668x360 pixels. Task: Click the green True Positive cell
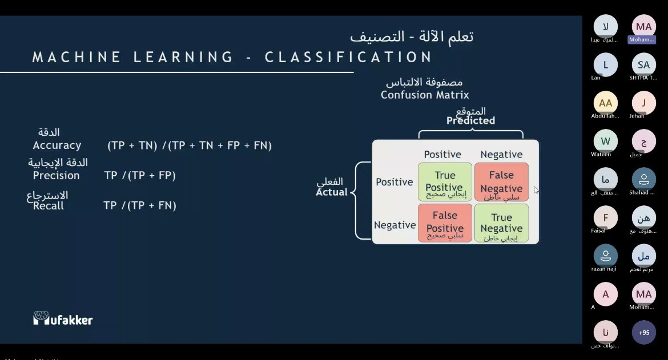tap(445, 181)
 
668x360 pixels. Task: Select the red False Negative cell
tap(501, 181)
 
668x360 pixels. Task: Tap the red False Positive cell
tap(445, 223)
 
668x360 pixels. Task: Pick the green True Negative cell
tap(501, 223)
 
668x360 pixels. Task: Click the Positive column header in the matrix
tap(442, 155)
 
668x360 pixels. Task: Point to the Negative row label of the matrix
tap(395, 225)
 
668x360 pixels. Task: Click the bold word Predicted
tap(470, 121)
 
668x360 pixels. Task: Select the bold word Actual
tap(332, 192)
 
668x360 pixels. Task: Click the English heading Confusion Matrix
tap(425, 95)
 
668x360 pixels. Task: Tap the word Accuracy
tap(57, 145)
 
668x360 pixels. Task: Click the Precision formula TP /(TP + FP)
tap(140, 176)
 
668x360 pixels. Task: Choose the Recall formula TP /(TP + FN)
tap(140, 205)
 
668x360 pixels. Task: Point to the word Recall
tap(49, 206)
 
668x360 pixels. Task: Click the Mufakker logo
tap(63, 318)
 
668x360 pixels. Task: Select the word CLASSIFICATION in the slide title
tap(348, 57)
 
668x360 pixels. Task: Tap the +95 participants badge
tap(643, 333)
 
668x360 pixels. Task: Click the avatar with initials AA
tap(605, 103)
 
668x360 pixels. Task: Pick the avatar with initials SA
tap(643, 65)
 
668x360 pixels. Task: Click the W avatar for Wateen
tap(605, 141)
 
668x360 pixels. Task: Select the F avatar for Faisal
tap(605, 217)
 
